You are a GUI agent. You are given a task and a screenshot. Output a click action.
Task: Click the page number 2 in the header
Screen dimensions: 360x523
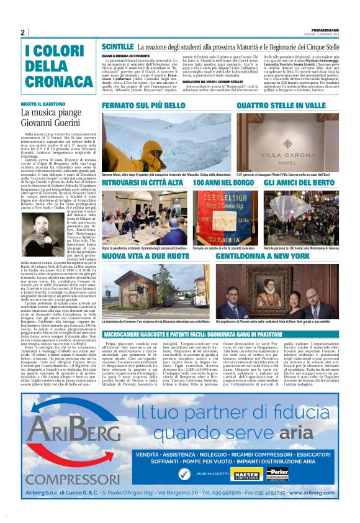pos(23,32)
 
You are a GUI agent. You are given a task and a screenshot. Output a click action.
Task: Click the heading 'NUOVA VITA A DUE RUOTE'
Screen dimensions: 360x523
pos(140,255)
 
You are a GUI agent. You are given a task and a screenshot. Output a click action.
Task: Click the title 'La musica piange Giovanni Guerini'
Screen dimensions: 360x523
pos(50,117)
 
